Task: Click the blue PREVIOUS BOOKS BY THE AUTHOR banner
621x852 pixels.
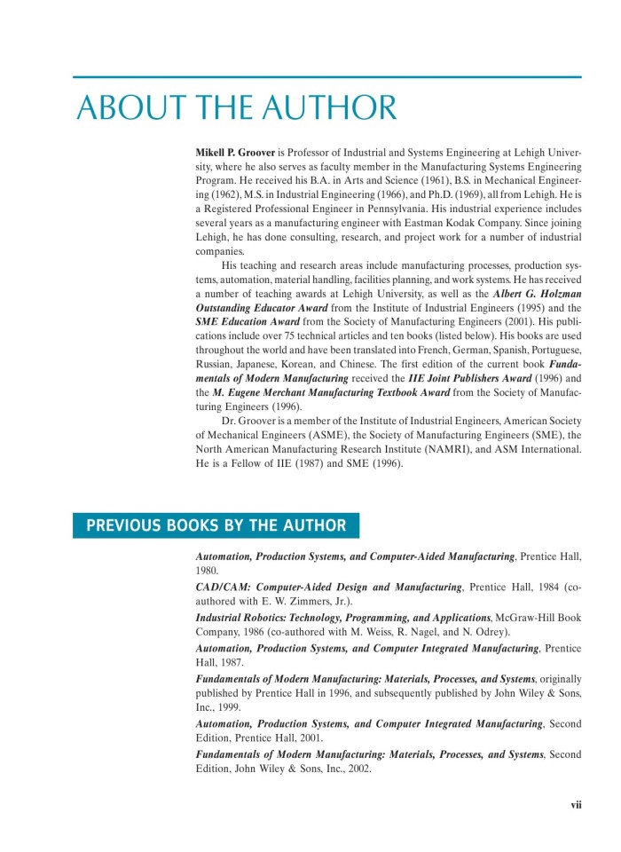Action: [x=216, y=525]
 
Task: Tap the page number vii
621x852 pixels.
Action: [x=576, y=805]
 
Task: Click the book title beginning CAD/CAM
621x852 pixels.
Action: [x=329, y=588]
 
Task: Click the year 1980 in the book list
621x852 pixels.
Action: [x=207, y=572]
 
